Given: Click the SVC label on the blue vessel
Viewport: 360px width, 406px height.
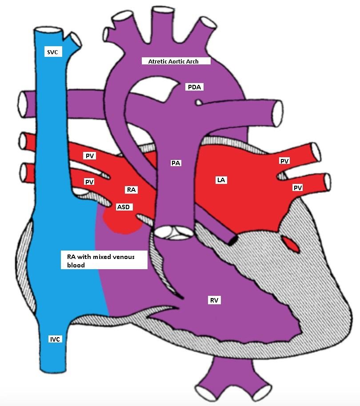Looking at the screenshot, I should pyautogui.click(x=53, y=52).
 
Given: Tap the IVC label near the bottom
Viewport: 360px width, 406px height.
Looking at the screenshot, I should pyautogui.click(x=55, y=339).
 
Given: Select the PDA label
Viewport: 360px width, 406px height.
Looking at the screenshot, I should pyautogui.click(x=194, y=87).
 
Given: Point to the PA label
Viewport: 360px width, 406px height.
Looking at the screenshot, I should pyautogui.click(x=176, y=163).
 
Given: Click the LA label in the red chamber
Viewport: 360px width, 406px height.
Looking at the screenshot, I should pyautogui.click(x=221, y=180).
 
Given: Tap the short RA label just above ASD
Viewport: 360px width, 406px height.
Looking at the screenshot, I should pyautogui.click(x=131, y=190).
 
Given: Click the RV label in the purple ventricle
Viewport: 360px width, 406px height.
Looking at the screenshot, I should pyautogui.click(x=215, y=300).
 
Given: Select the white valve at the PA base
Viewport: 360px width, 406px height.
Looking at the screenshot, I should pyautogui.click(x=174, y=232).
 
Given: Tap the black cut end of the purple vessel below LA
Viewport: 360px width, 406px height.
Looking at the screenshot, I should pyautogui.click(x=232, y=239).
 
